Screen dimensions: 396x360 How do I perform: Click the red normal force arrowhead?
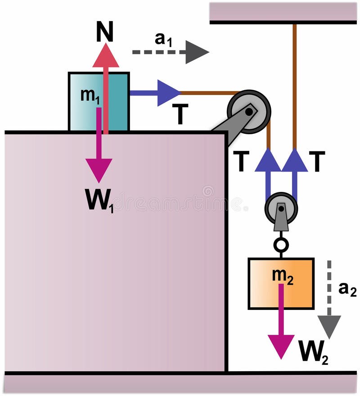click(106, 56)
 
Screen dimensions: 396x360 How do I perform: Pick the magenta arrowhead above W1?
click(99, 171)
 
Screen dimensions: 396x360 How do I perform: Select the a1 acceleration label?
click(163, 40)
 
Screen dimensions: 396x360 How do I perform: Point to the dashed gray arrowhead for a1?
click(197, 52)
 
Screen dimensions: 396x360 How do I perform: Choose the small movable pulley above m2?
click(281, 209)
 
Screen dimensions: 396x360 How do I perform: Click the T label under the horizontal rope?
click(180, 116)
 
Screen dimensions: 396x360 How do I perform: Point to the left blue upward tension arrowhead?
click(268, 160)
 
